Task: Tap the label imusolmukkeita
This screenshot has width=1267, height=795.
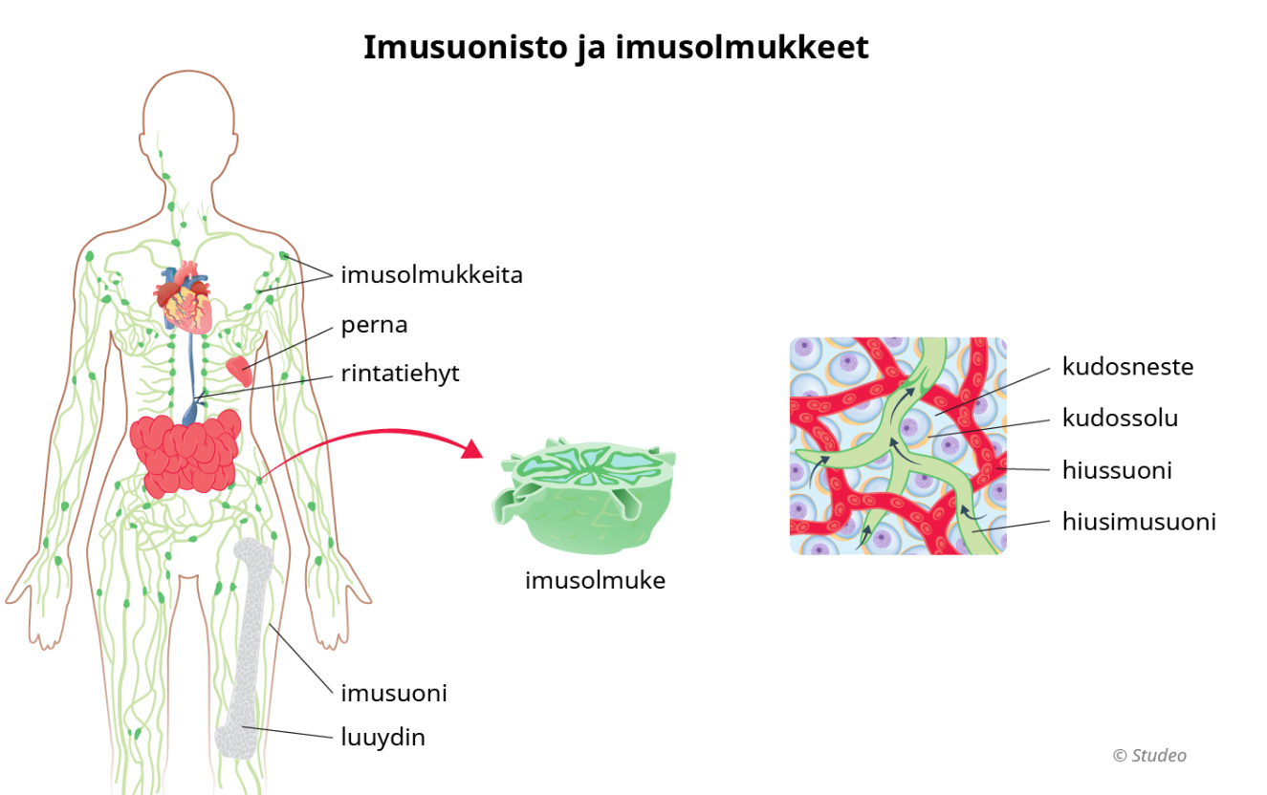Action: tap(431, 275)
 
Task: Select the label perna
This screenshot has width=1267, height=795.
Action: tap(374, 325)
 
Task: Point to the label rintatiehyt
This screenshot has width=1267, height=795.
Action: tap(400, 374)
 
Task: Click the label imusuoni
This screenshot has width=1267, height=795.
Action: tap(394, 693)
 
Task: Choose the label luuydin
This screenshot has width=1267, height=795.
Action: tap(382, 738)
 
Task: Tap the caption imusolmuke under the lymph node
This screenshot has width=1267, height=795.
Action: tap(595, 580)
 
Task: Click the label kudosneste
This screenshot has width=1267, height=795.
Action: tap(1127, 366)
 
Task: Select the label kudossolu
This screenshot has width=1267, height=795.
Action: tap(1120, 418)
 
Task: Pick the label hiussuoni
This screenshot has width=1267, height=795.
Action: tap(1117, 470)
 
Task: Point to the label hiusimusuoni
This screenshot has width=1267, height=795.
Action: tap(1139, 522)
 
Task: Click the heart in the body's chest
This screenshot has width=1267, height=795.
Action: tap(187, 296)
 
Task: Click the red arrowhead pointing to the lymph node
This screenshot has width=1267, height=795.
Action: tap(472, 448)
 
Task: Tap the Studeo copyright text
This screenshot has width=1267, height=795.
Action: tap(1149, 756)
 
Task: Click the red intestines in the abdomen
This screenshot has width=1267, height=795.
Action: tap(186, 454)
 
